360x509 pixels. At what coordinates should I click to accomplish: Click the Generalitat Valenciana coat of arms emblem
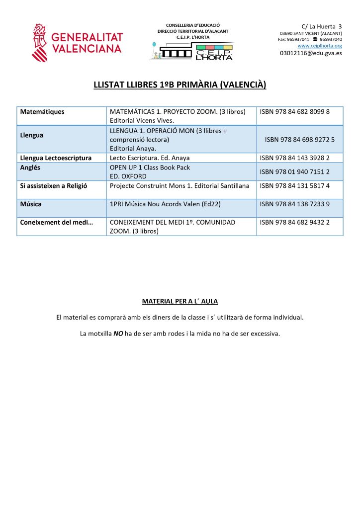(x=39, y=42)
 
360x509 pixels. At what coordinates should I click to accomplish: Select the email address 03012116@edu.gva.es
(x=311, y=53)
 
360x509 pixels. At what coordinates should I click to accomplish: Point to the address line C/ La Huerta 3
(x=322, y=26)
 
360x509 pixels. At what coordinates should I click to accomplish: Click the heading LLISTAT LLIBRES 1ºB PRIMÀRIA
(x=180, y=85)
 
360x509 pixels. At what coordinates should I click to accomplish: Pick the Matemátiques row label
(x=42, y=112)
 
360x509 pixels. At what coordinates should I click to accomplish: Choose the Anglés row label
(x=30, y=168)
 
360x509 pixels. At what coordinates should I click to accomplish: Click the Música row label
(x=31, y=204)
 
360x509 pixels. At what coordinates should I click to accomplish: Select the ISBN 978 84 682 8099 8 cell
(x=295, y=112)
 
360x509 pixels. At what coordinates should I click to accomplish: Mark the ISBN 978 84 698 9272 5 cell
(x=300, y=140)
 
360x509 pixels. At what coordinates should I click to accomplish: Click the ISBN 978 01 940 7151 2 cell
(x=295, y=171)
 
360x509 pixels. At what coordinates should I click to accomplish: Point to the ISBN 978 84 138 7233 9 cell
(x=295, y=204)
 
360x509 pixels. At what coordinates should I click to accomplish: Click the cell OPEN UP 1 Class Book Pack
(x=150, y=168)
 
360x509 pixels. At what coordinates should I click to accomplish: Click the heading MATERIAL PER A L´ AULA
(x=180, y=301)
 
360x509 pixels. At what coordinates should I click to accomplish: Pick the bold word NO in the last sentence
(x=118, y=334)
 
